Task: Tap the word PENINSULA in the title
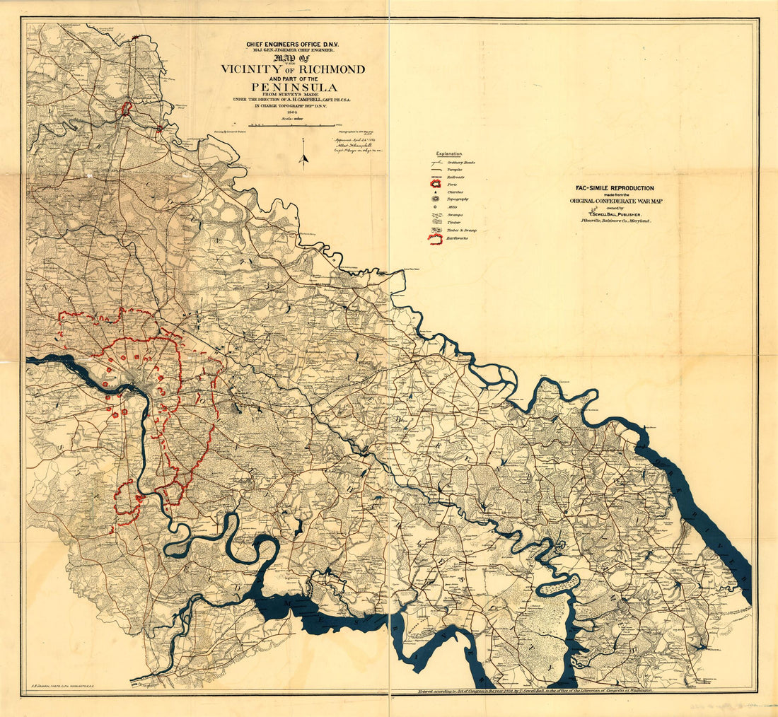tap(292, 87)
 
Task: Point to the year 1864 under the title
tap(291, 112)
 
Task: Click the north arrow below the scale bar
tap(303, 152)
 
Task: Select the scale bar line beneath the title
tap(292, 126)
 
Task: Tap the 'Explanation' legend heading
tap(449, 153)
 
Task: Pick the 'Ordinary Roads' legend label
tap(460, 163)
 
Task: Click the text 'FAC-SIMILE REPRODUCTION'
tap(614, 188)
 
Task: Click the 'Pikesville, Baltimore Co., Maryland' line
tap(614, 221)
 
